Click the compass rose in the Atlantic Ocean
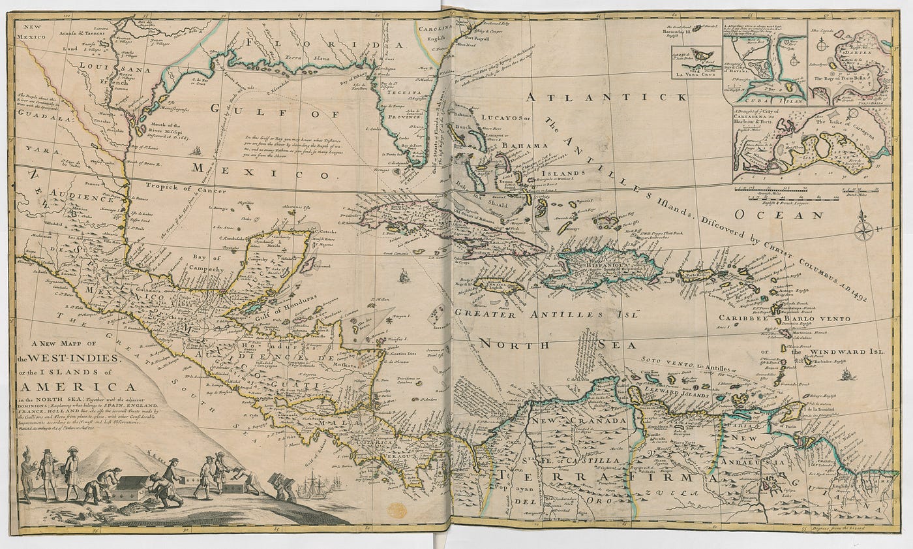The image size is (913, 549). pos(865,227)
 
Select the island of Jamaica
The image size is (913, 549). pos(499,285)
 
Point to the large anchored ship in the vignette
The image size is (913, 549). pos(312,488)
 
